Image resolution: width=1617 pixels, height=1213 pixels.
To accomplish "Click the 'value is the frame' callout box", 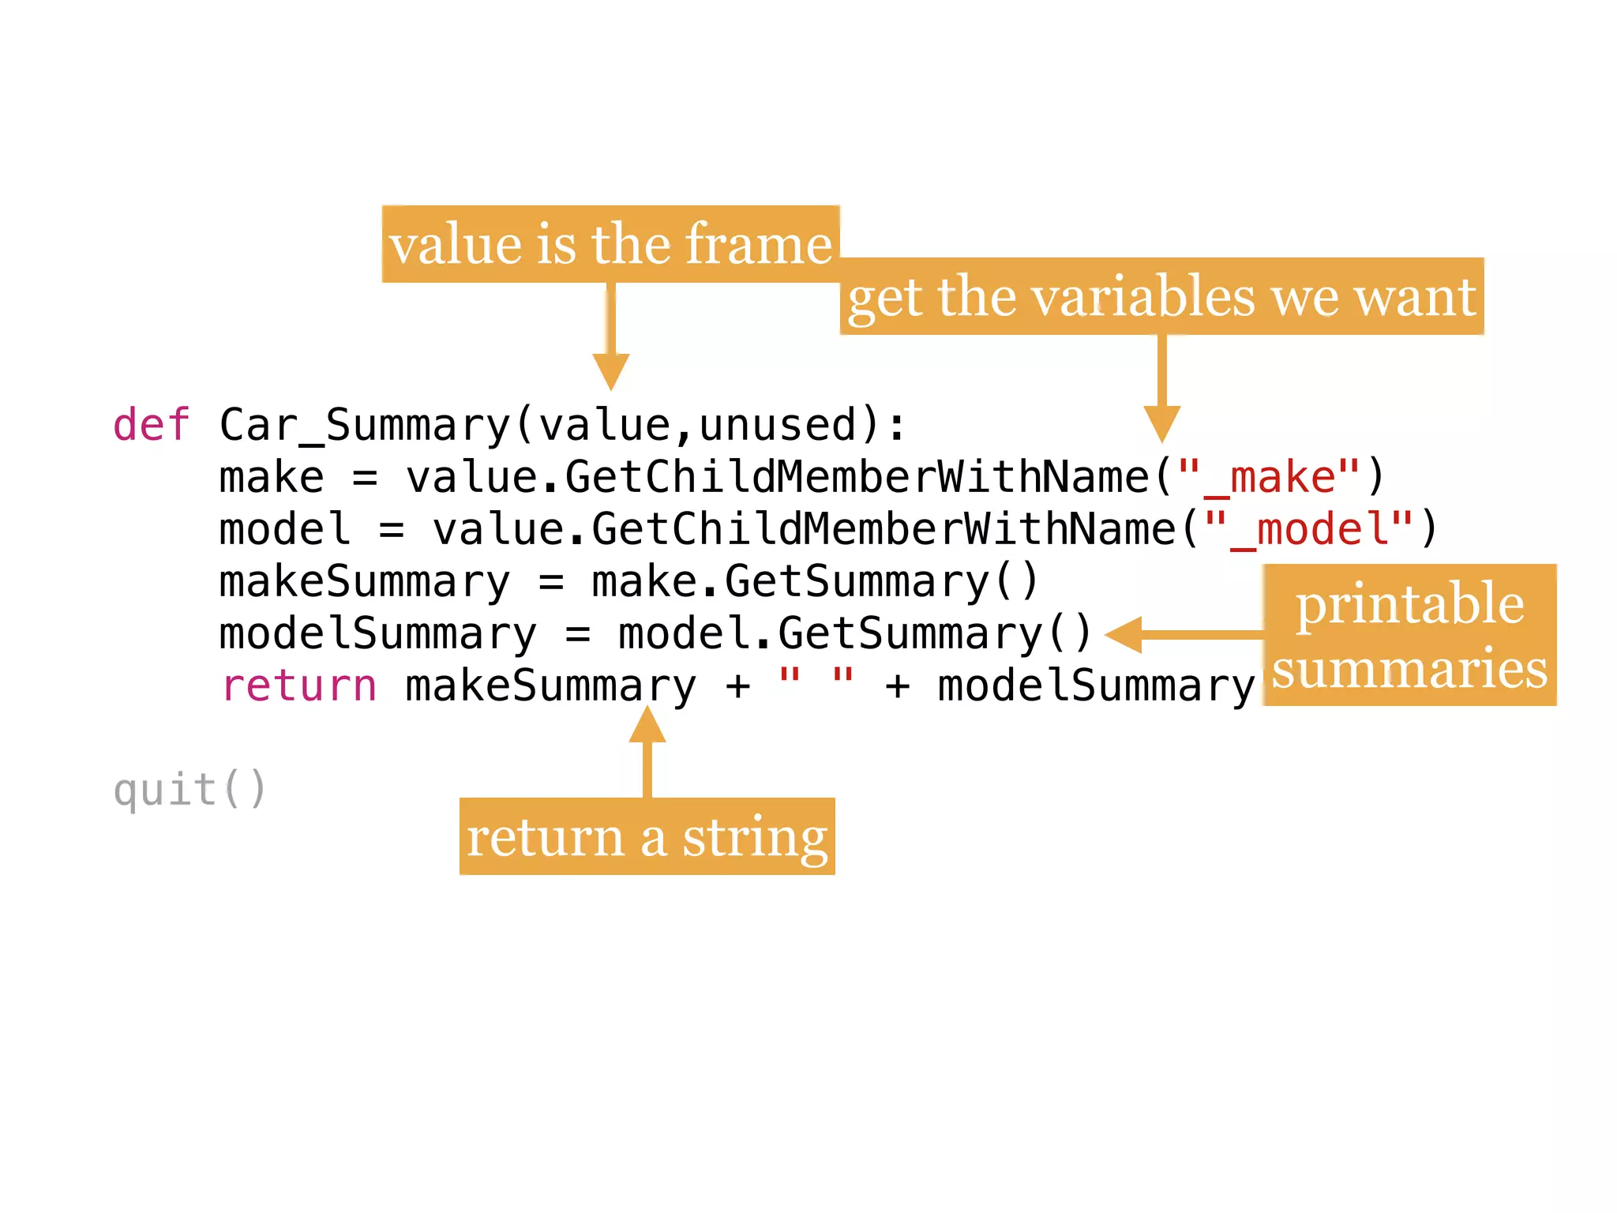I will coord(610,244).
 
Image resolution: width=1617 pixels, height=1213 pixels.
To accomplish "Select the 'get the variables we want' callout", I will coord(1161,297).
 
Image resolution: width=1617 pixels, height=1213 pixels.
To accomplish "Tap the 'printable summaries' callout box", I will coord(1409,635).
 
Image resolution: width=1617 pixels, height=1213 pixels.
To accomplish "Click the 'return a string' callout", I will coord(647,836).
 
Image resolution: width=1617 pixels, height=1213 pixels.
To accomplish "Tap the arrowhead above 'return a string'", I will coord(647,725).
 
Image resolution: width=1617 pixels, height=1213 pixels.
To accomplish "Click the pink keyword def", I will coord(151,426).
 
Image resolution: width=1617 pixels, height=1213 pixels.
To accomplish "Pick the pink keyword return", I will coord(298,685).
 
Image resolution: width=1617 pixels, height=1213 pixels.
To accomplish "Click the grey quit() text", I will coord(189,790).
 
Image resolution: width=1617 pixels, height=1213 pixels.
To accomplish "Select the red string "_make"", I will coord(1269,478).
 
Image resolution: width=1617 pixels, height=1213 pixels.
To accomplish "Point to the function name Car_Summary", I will coord(365,426).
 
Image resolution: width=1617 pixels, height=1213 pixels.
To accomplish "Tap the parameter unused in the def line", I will coord(778,426).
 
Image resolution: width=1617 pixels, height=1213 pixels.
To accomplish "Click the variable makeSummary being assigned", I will coord(365,583).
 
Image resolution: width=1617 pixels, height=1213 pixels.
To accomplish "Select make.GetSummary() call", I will coord(814,582).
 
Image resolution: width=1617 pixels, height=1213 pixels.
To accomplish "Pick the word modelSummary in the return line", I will coord(1095,686).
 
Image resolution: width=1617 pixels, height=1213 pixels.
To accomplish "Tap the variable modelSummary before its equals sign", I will coord(377,634).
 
